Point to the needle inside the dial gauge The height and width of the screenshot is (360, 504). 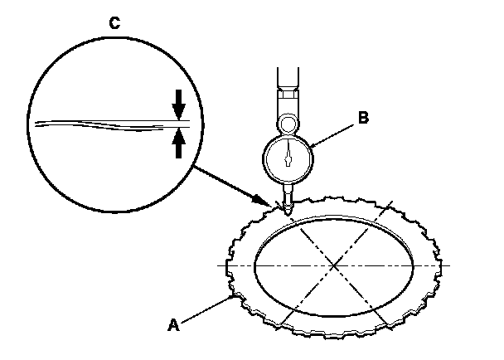tap(288, 154)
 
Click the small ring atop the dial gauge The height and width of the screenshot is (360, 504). tap(288, 124)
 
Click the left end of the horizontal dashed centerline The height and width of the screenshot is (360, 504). tap(220, 265)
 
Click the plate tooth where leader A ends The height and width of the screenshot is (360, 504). tap(233, 294)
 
